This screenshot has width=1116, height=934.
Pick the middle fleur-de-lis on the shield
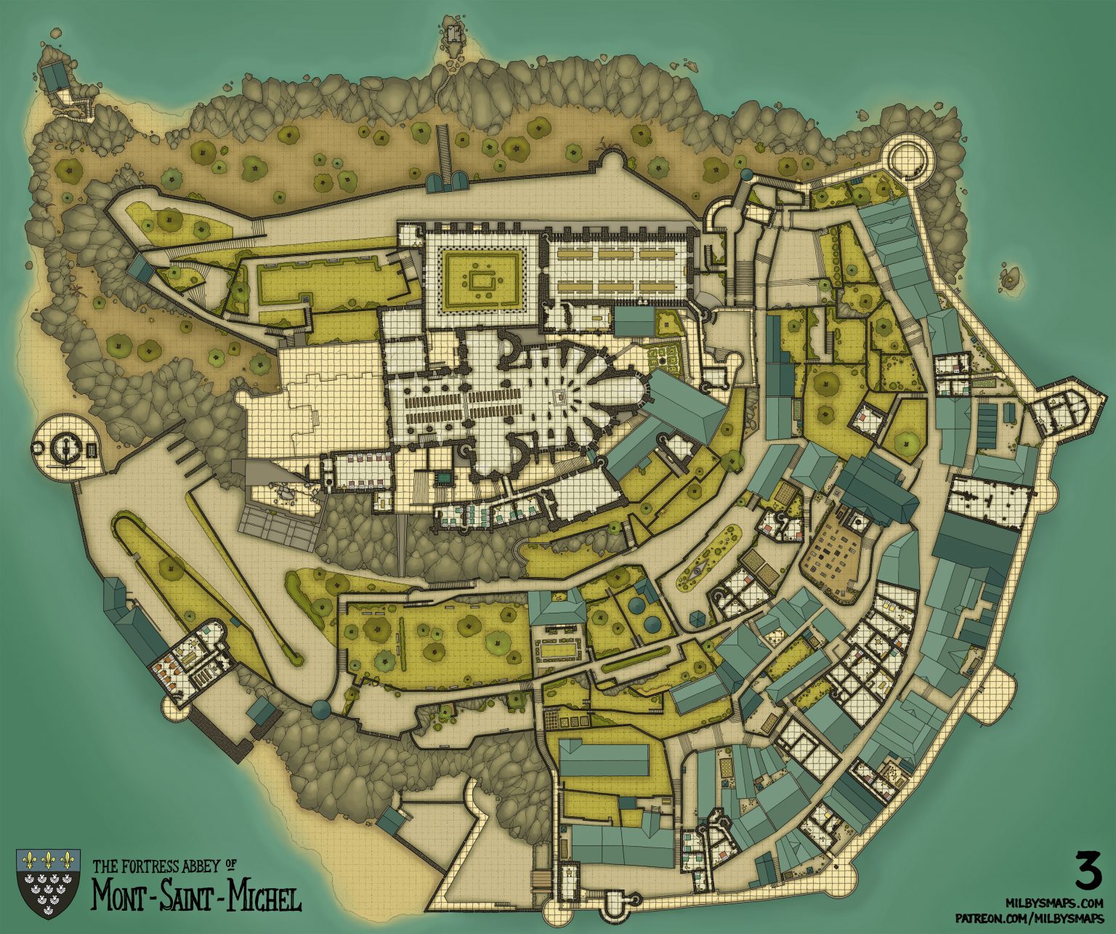pyautogui.click(x=49, y=861)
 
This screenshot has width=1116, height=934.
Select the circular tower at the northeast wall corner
pyautogui.click(x=910, y=156)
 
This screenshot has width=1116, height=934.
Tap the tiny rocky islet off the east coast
pyautogui.click(x=1010, y=277)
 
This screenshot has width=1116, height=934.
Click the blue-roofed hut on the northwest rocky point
pyautogui.click(x=54, y=75)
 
